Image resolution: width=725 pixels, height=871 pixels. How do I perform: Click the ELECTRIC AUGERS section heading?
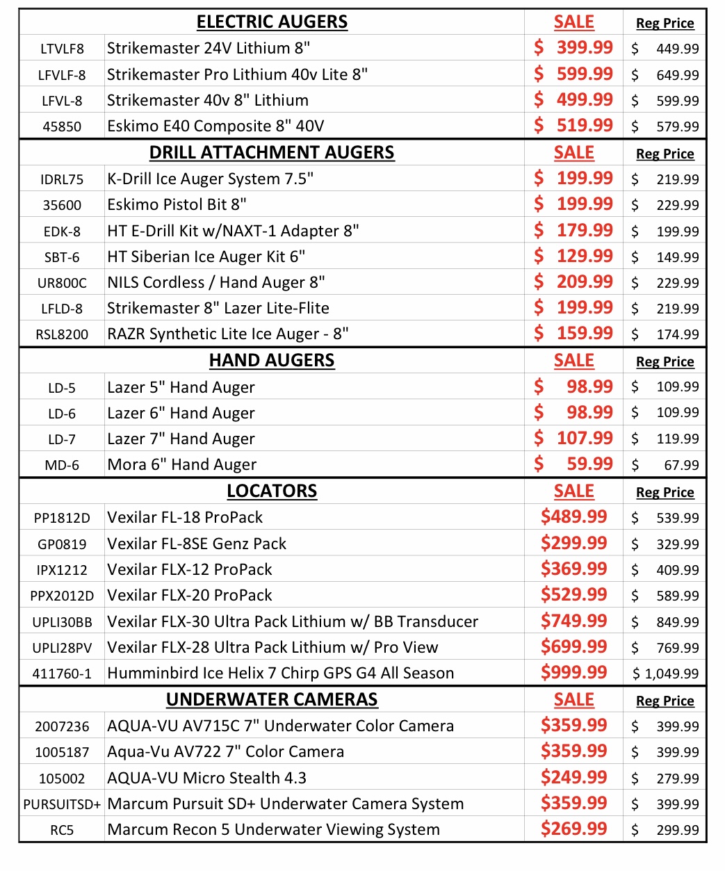pos(272,22)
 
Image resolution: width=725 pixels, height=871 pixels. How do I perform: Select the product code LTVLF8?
pos(62,49)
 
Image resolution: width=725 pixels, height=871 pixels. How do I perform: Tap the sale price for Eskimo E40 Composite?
pos(573,125)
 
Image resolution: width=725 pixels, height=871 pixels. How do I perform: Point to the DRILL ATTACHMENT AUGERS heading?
pos(272,153)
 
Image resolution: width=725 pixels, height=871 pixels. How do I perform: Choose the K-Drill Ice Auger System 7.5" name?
pos(210,179)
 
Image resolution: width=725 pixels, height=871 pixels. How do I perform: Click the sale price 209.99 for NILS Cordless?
pos(573,282)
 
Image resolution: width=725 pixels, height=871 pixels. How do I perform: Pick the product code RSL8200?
pos(62,334)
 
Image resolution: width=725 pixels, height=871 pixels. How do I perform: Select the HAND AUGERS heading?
pos(272,361)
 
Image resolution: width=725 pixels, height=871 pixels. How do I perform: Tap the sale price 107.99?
pos(573,438)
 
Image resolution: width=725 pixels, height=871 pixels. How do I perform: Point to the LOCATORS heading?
pos(272,491)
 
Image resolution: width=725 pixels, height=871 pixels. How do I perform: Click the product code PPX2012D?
pos(62,596)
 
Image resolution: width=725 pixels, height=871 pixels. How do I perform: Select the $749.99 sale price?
pos(573,621)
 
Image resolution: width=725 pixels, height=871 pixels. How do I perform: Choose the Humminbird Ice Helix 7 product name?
pos(280,673)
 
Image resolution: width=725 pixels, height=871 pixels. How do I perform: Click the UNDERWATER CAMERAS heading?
pos(272,700)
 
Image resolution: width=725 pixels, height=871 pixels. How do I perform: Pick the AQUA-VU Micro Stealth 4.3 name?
pos(206,778)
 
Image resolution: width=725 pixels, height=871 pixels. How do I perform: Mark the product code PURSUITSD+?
pos(62,804)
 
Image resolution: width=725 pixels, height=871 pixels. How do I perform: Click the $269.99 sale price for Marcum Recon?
pos(573,829)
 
